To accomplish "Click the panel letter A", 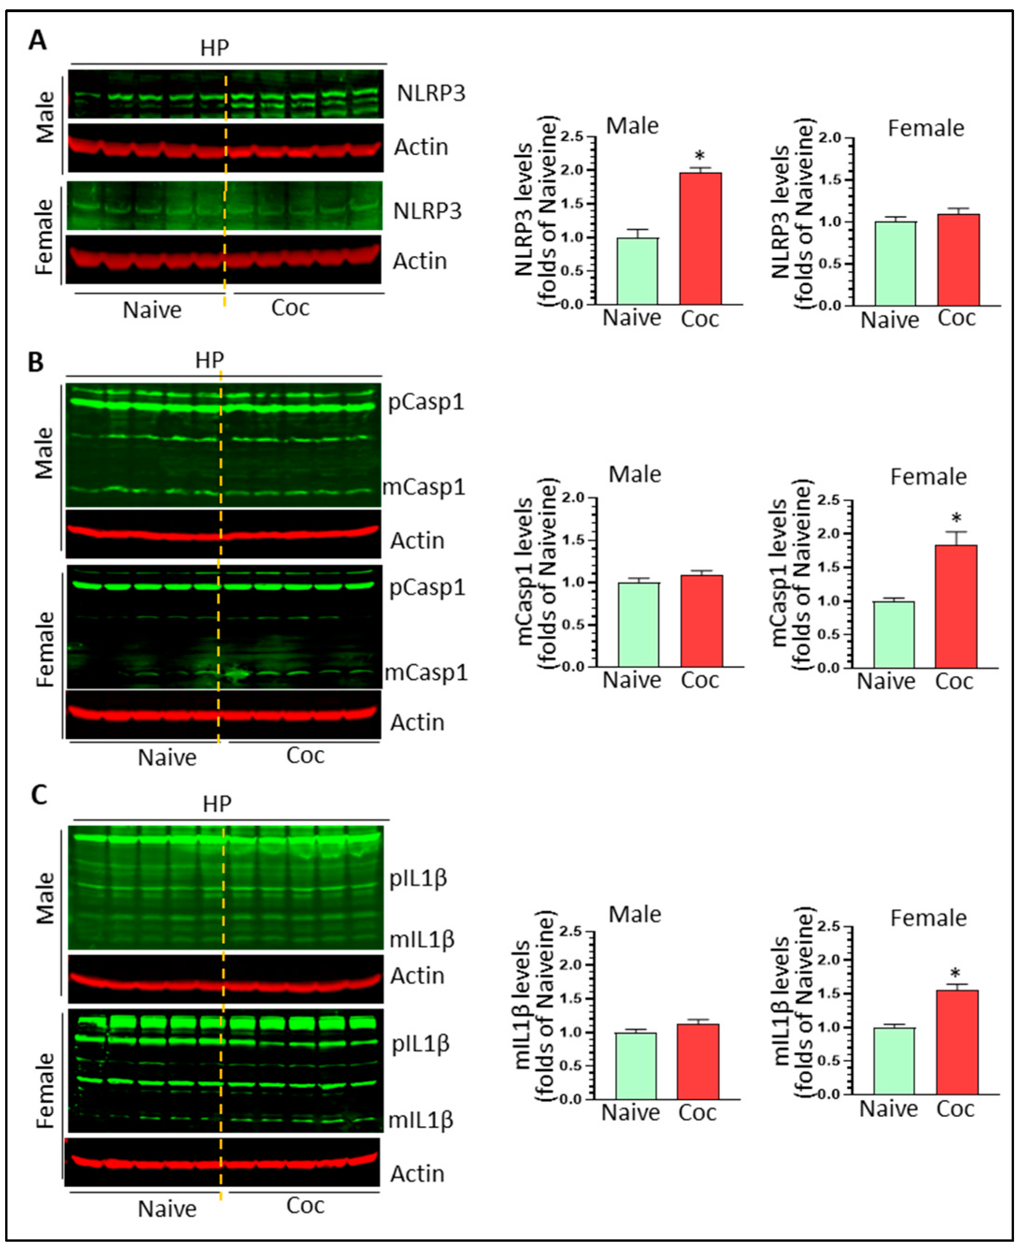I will coord(38,41).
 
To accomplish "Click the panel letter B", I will coord(36,362).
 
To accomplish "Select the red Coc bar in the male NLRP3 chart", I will coord(700,238).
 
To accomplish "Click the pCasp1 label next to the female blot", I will coord(427,587).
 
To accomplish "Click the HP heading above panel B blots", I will coord(209,360).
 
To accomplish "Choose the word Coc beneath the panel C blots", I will coord(305,1205).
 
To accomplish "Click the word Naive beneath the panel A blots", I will coord(152,310).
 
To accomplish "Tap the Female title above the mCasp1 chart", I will coord(928,476).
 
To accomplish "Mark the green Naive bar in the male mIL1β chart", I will coord(636,1065).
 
